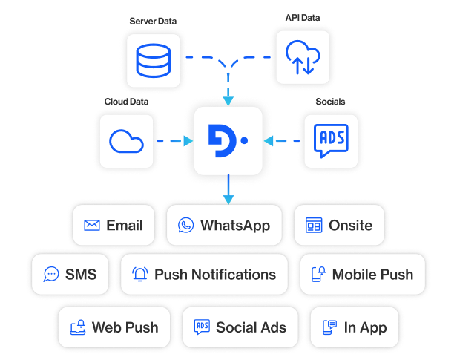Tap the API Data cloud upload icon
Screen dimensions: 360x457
[x=303, y=57]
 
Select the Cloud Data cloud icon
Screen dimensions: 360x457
[x=127, y=140]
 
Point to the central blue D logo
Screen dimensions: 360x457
[x=228, y=140]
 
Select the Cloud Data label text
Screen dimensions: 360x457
[x=127, y=101]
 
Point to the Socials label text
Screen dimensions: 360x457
[x=329, y=101]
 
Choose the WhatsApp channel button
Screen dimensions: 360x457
[x=223, y=225]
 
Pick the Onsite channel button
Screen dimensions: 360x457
[x=339, y=225]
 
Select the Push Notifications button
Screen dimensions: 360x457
[x=203, y=274]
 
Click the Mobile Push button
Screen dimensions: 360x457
[x=361, y=274]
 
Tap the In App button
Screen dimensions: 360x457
[x=354, y=327]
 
